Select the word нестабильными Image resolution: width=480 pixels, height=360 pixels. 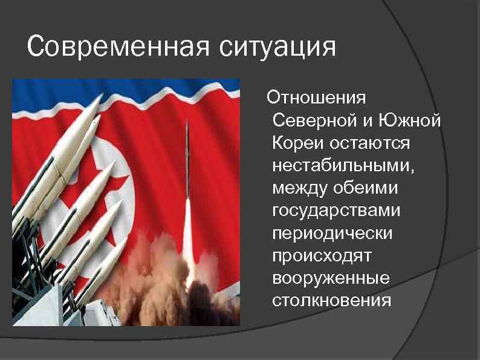(335, 165)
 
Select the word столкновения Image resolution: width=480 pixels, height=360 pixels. (332, 300)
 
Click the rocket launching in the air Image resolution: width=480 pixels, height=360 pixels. (187, 157)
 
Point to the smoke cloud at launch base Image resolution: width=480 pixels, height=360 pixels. (181, 284)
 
